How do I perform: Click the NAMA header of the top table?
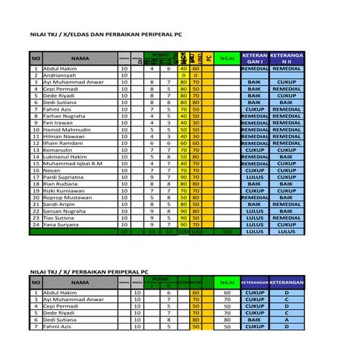click(80, 58)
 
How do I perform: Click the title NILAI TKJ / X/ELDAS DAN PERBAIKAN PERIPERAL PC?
click(105, 34)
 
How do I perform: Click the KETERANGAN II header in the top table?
click(286, 58)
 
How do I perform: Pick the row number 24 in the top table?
click(35, 224)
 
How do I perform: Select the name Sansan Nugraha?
click(65, 210)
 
